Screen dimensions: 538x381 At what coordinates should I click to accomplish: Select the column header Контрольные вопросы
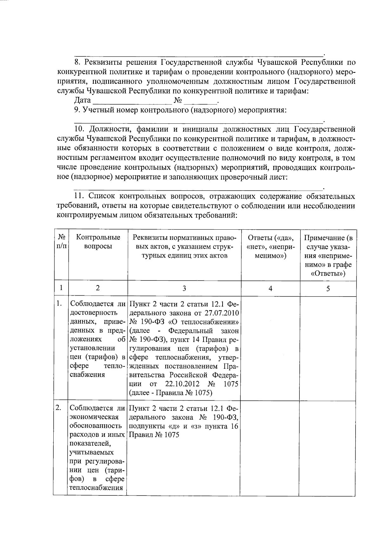(98, 242)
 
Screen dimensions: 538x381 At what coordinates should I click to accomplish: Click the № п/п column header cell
(62, 242)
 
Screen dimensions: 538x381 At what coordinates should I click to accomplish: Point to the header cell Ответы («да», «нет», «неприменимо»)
(271, 246)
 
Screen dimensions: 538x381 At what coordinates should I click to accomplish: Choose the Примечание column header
(328, 255)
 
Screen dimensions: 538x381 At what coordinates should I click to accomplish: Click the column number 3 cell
(184, 288)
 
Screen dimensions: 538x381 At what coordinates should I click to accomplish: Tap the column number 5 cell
(328, 288)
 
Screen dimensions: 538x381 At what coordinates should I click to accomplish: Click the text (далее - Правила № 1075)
(170, 393)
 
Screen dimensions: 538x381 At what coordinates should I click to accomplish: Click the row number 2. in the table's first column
(58, 408)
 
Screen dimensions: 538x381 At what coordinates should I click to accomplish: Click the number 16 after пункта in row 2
(234, 426)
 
